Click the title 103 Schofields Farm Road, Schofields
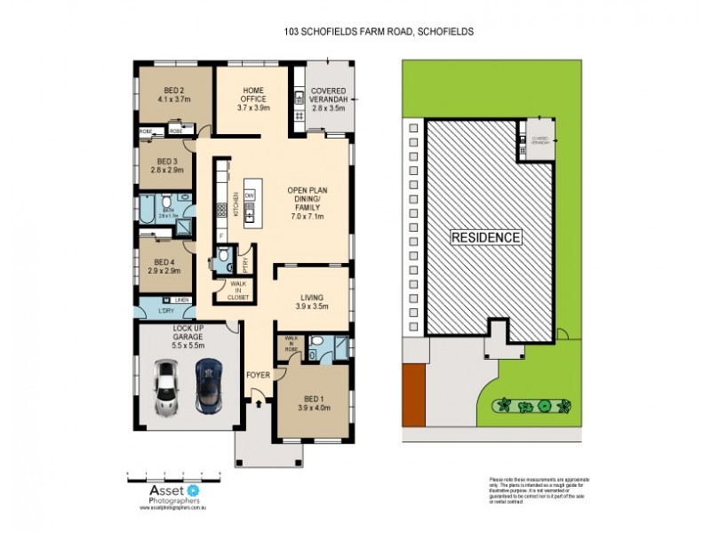[x=378, y=31]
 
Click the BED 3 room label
[x=165, y=164]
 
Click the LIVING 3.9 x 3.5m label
[x=311, y=301]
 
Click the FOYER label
[x=258, y=375]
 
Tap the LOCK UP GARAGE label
[x=188, y=334]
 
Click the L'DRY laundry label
[x=164, y=311]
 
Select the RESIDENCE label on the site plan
[x=485, y=238]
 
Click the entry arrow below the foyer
[x=259, y=405]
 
